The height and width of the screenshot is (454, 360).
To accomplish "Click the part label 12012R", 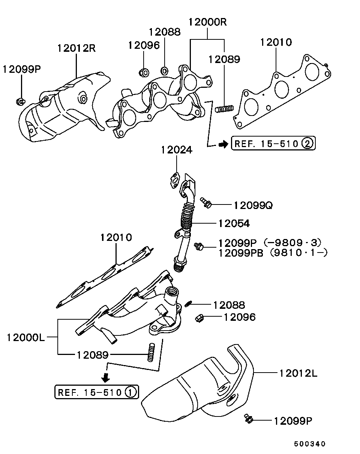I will coord(76,48).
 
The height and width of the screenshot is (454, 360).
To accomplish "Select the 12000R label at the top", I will coord(208,22).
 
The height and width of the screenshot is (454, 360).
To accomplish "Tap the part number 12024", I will coord(177,150).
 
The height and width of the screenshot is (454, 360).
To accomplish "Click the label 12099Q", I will coord(253,205).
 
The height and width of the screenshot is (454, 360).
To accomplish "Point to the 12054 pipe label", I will coord(234,224).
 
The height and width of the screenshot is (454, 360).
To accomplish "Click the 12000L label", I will coord(25,337).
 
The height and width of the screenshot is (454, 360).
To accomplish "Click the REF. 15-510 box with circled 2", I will coord(273,143).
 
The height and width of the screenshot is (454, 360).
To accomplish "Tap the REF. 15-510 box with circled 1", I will coord(96,392).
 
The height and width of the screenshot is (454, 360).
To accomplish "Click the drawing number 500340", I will coord(310,444).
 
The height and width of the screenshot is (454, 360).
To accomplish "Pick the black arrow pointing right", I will coord(223,144).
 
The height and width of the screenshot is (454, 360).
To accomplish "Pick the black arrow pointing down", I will coord(106,376).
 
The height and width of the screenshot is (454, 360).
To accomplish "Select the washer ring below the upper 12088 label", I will coord(164,70).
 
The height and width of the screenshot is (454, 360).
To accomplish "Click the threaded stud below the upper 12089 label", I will coord(225,109).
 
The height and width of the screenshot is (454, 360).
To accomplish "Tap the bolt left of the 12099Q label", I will coord(206,203).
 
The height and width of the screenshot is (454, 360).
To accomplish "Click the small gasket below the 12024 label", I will coord(174,180).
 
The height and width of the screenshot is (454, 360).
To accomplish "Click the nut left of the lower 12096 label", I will coord(199,318).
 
